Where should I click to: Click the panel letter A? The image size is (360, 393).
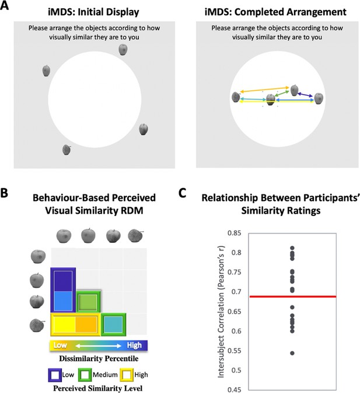[x=4, y=5]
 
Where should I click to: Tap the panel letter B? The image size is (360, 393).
[x=4, y=193]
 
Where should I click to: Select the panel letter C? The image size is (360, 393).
[x=183, y=193]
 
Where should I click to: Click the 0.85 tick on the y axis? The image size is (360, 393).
[x=235, y=233]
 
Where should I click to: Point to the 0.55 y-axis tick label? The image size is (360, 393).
[x=235, y=350]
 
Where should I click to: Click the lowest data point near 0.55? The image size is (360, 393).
[x=292, y=353]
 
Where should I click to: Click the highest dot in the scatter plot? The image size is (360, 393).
[x=292, y=248]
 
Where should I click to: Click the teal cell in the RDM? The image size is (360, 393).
[x=113, y=325]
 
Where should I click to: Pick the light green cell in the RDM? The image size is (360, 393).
[x=88, y=302]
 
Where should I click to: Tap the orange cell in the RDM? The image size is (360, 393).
[x=86, y=325]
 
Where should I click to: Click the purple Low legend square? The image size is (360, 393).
[x=55, y=375]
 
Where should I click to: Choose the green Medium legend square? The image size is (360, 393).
[x=85, y=375]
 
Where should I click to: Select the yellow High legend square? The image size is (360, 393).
[x=127, y=375]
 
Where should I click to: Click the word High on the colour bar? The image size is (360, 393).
[x=134, y=345]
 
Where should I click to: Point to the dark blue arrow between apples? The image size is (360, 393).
[x=305, y=95]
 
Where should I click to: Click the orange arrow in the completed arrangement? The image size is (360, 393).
[x=264, y=90]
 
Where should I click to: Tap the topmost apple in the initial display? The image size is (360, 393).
[x=123, y=50]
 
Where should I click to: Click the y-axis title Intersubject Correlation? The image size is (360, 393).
[x=221, y=312]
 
